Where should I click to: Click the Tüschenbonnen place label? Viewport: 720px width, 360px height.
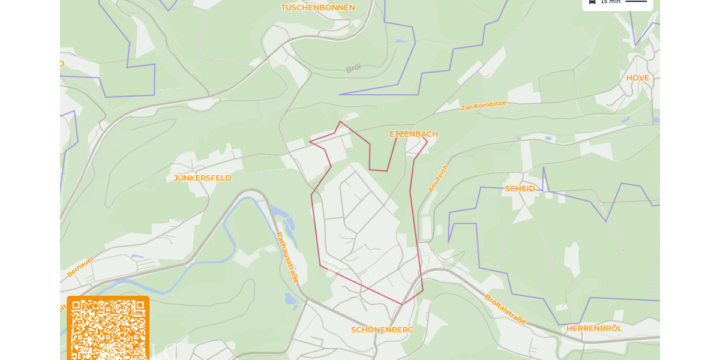coord(318,8)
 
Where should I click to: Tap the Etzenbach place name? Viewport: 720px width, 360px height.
coord(413,134)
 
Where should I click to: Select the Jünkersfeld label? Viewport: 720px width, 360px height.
coord(202,178)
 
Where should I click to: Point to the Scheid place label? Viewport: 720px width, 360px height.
coord(520,188)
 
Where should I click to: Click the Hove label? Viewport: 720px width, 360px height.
coord(638,78)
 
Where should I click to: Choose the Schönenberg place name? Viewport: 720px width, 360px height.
coord(382,329)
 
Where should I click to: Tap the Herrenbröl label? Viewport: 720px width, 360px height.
coord(594,328)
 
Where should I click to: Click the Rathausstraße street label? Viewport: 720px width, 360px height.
coord(287,257)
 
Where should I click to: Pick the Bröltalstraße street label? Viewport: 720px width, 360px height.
coord(505,309)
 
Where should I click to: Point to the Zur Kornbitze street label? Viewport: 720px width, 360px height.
coord(483,106)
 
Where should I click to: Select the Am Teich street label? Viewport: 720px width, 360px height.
coord(438,179)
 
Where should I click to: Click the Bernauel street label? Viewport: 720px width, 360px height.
coord(80,267)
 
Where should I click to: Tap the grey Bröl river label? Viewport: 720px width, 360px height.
coord(353,68)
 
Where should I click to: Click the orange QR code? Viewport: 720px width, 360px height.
coord(108,328)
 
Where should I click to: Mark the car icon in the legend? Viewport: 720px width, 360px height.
coord(592,2)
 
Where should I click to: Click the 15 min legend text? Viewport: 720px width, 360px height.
coord(611,2)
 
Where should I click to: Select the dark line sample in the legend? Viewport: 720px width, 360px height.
coord(636,2)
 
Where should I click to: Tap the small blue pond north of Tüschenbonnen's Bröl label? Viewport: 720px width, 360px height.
coord(400,41)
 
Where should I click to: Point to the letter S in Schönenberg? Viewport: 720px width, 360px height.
coord(354,329)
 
